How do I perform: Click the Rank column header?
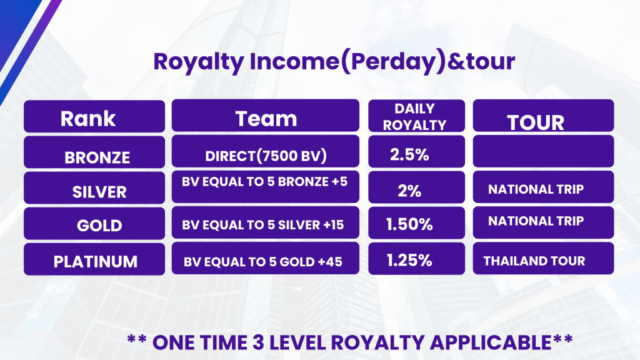[x=94, y=116]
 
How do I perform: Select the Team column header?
[x=265, y=116]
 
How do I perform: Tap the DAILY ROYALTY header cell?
[x=416, y=116]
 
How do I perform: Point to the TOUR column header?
[x=543, y=116]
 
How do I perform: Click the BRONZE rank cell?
[x=94, y=152]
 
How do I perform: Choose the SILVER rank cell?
[x=94, y=187]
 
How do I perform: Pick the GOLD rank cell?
[x=94, y=223]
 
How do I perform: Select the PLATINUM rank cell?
[x=94, y=259]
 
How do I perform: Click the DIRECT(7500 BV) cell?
[x=265, y=151]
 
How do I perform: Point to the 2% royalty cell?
[x=416, y=187]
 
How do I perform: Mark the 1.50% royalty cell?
[x=416, y=223]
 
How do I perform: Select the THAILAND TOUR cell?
[x=543, y=258]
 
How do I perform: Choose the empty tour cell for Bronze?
[x=543, y=151]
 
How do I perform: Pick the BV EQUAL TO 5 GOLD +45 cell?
[x=265, y=258]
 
